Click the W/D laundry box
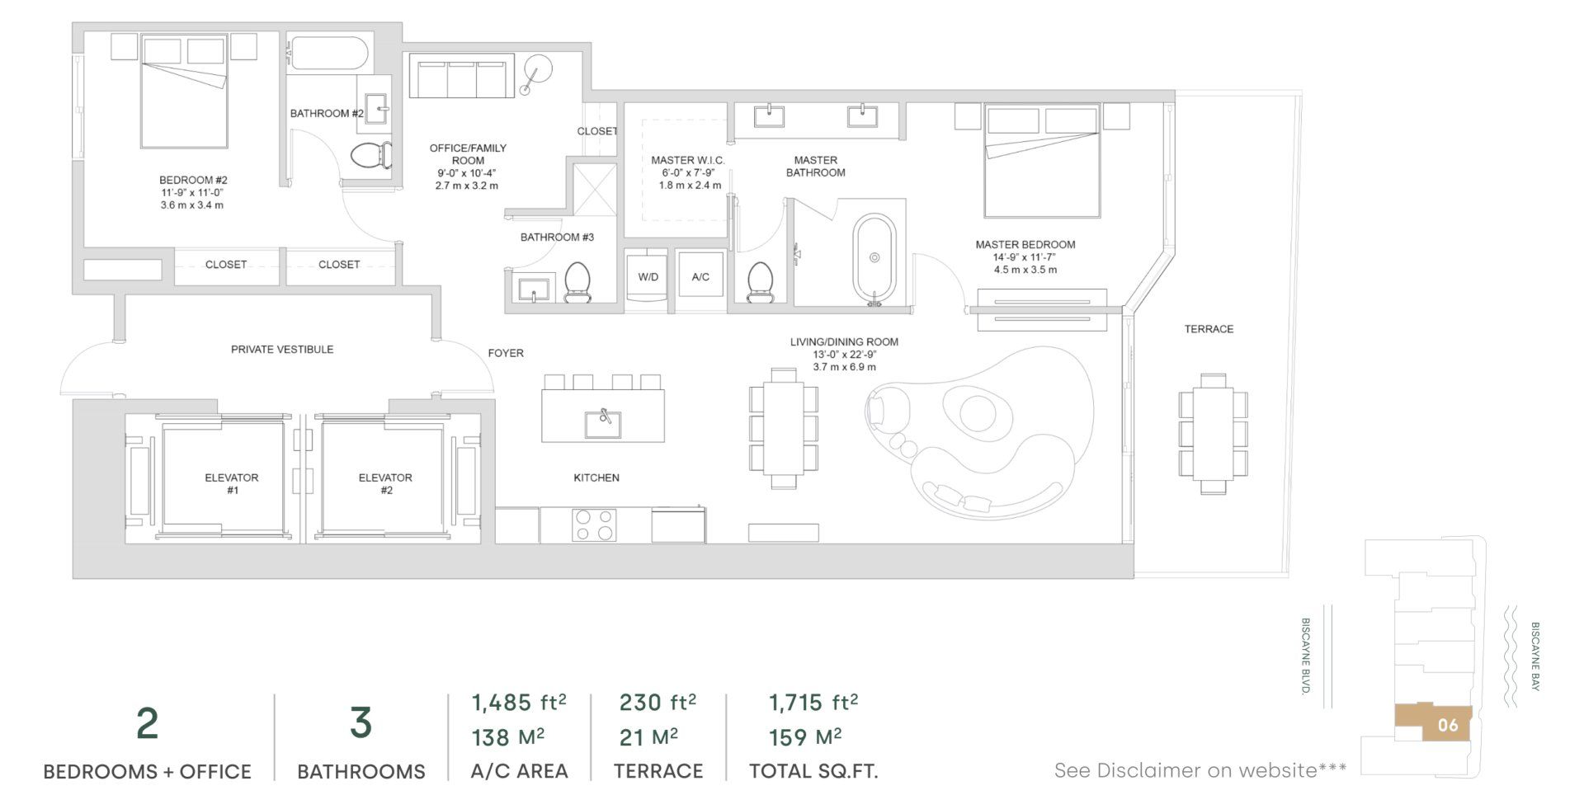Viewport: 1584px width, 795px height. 648,277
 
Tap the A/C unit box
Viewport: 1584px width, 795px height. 700,277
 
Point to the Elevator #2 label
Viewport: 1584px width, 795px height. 385,483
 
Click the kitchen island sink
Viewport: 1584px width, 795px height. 603,424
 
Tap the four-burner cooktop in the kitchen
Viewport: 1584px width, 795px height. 594,525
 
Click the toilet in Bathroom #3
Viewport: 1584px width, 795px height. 577,282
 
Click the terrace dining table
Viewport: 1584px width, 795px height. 1213,433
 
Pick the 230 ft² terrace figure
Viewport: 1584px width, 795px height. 658,703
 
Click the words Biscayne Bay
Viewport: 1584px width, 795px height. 1534,656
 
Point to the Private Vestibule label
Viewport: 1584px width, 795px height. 282,350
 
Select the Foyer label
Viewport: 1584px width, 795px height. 506,353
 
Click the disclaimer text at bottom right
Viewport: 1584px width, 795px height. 1200,770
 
